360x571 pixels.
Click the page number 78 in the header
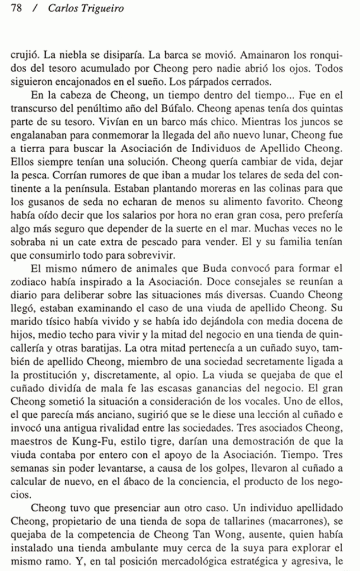(x=16, y=9)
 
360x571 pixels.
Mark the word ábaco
(x=143, y=484)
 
